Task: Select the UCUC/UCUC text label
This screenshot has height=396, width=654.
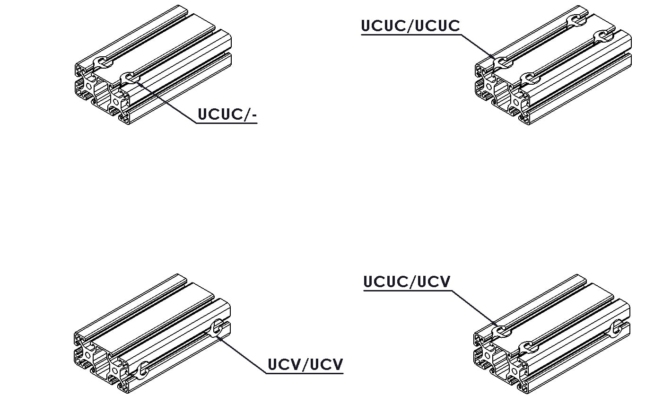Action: (410, 26)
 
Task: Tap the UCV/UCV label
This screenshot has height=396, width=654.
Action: (305, 365)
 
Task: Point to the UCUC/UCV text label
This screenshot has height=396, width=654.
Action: (407, 282)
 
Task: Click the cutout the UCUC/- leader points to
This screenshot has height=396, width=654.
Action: (129, 77)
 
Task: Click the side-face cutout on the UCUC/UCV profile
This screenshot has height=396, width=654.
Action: (617, 329)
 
